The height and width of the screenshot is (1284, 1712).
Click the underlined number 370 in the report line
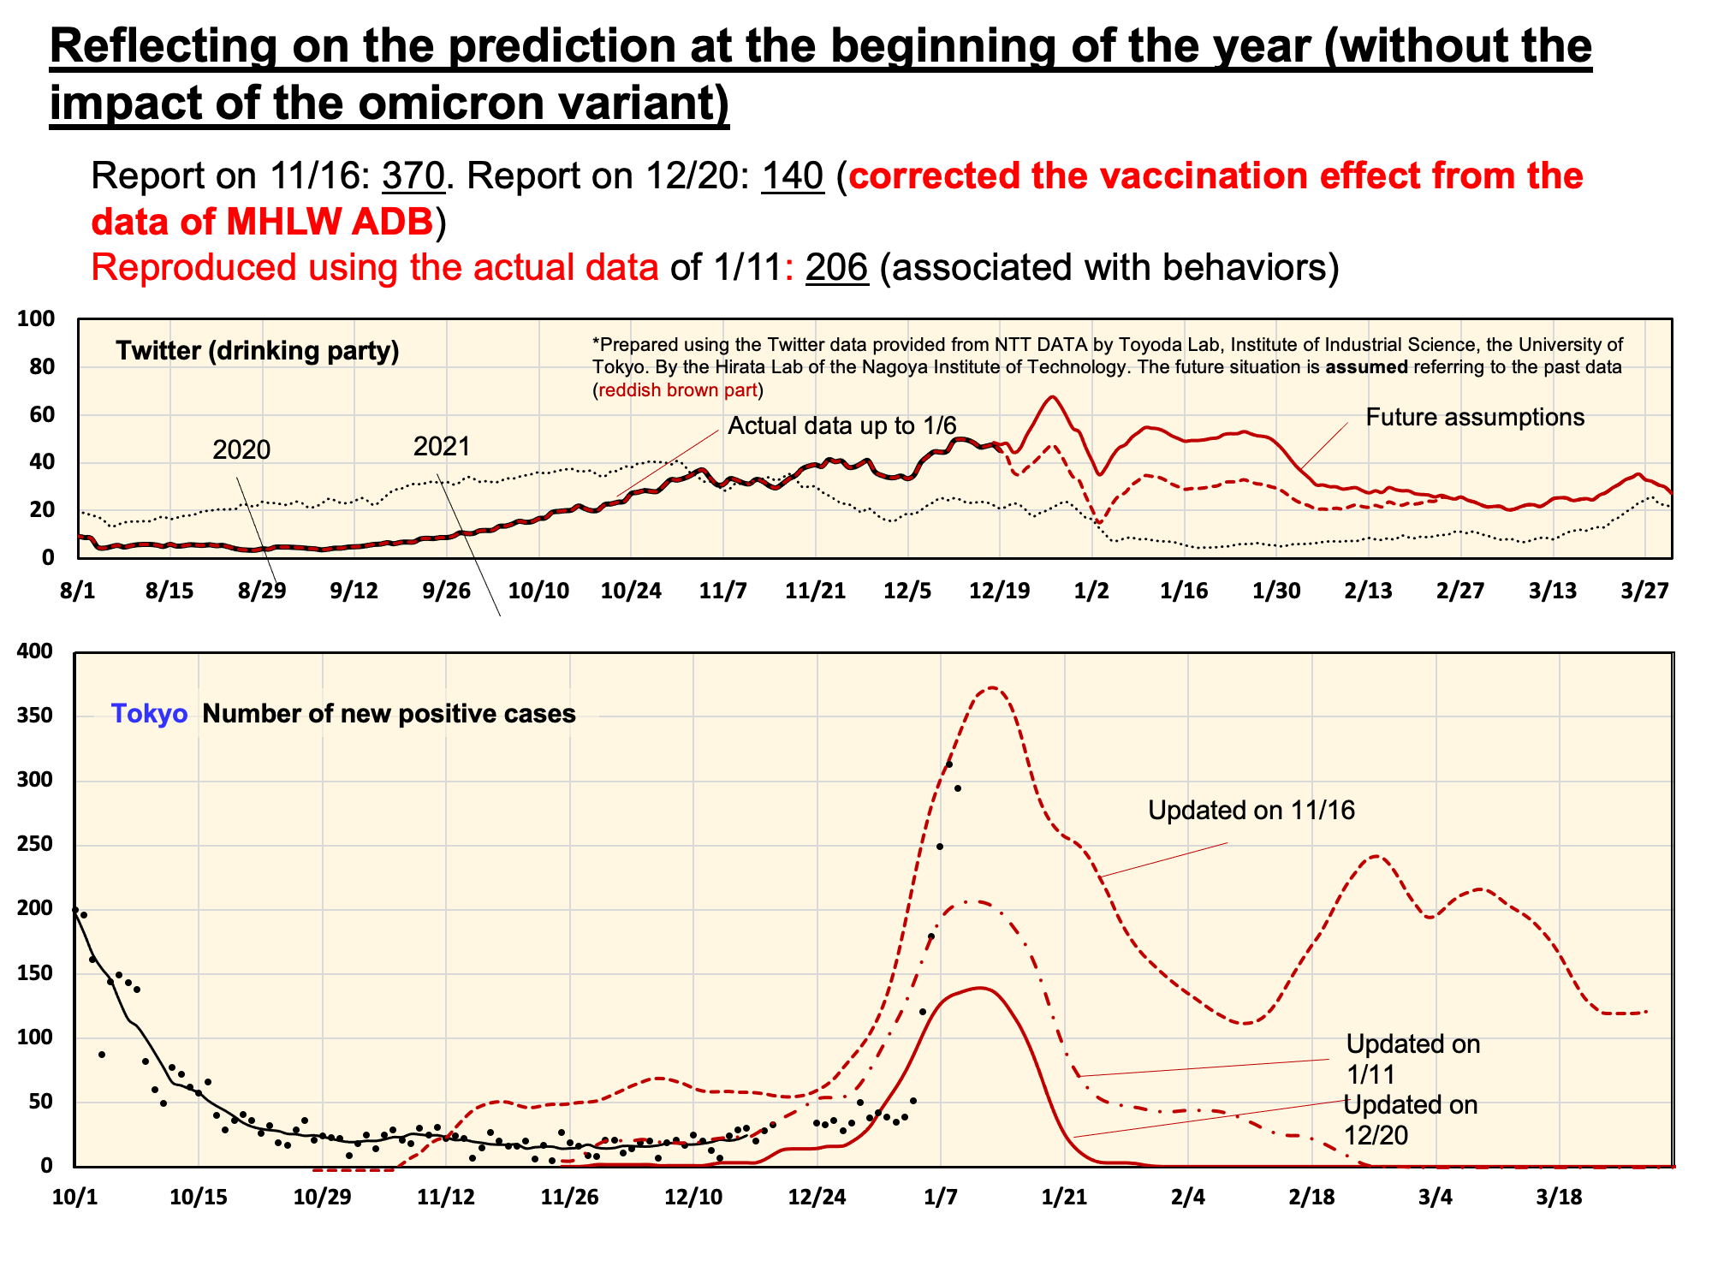coord(413,176)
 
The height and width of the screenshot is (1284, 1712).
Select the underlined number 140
coord(793,176)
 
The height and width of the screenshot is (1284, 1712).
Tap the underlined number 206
coord(836,268)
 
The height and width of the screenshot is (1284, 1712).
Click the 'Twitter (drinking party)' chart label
coord(258,351)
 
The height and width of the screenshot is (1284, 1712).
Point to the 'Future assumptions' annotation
coord(1475,418)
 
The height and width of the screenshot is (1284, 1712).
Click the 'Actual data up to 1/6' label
coord(841,425)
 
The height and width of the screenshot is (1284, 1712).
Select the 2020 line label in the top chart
coord(241,449)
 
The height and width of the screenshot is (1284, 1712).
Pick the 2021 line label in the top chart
coord(442,446)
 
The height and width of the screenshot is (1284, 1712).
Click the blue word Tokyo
coord(149,714)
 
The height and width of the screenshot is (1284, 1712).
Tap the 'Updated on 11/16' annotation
coord(1251,811)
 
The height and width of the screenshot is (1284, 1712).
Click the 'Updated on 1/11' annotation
coord(1412,1059)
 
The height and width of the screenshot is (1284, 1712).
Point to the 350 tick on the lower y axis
coord(35,716)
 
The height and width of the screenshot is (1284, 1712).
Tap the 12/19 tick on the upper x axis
coord(998,591)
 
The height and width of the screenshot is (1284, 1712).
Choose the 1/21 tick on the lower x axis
coord(1064,1198)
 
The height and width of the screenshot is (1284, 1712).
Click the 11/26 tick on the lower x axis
coord(569,1198)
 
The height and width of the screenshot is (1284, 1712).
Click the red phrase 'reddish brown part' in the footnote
coord(677,390)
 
